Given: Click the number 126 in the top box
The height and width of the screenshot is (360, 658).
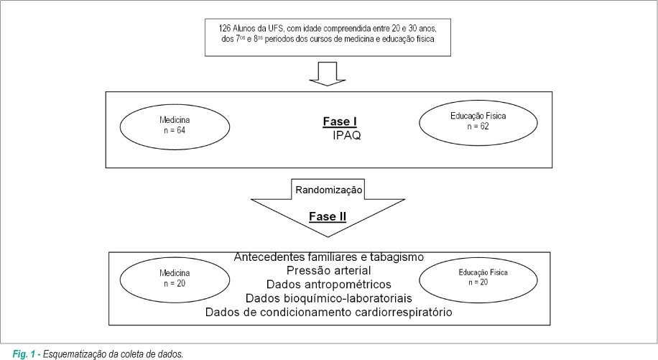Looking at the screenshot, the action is (x=224, y=29).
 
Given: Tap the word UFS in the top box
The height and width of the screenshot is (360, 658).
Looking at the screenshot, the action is (x=276, y=29).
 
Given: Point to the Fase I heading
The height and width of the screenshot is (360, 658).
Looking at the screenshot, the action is (x=340, y=121).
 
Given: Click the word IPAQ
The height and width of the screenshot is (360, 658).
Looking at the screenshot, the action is (x=347, y=136).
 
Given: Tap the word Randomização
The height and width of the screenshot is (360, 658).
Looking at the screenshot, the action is (x=328, y=190).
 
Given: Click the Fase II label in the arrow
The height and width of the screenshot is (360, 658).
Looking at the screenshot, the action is (x=328, y=216).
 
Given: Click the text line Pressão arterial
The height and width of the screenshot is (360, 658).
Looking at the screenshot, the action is (x=328, y=271).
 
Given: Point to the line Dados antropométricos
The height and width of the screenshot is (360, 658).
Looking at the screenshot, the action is (x=328, y=285).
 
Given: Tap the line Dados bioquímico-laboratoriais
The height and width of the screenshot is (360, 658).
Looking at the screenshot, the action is (x=328, y=298).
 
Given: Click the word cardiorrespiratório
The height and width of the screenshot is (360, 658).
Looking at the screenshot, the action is (x=404, y=312).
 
